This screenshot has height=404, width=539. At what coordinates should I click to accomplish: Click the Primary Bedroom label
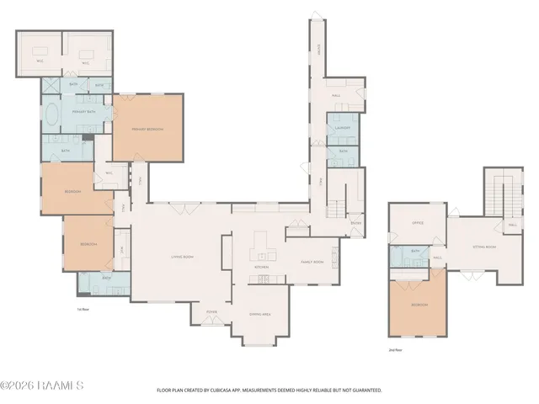point(147,129)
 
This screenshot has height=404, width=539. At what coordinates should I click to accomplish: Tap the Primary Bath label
point(83,111)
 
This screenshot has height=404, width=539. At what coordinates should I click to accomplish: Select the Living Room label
point(183,256)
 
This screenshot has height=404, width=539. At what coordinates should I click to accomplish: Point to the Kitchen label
point(261,268)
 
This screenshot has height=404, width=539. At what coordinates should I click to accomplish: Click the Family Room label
point(312,262)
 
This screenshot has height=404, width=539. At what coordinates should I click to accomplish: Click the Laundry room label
point(342,128)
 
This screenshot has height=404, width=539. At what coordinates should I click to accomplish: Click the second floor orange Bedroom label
point(419,304)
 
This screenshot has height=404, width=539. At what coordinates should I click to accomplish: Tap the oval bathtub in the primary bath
point(52,114)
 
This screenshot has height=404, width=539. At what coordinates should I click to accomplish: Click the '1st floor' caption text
point(82,309)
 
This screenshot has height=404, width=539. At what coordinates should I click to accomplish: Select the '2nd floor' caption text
point(395,348)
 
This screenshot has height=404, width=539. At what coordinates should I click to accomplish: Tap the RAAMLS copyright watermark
point(42,386)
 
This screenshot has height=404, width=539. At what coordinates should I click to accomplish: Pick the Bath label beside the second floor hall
point(415,251)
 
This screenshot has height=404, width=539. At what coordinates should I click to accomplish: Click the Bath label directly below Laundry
point(343,151)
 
